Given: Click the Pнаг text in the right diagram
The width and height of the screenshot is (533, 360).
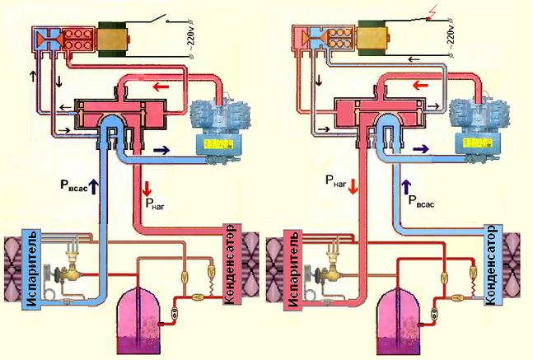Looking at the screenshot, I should [336, 181].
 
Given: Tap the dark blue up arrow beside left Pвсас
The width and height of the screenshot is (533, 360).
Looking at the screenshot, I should [93, 187].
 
